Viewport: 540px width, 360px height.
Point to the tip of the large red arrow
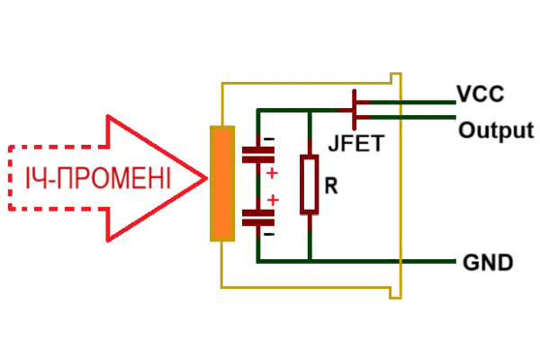[206, 178]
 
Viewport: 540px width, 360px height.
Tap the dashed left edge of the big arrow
[10, 178]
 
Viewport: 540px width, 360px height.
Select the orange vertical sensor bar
[222, 184]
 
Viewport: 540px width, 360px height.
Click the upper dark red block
[257, 155]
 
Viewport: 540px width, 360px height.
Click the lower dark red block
[257, 217]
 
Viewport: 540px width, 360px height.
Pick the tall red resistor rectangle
[309, 183]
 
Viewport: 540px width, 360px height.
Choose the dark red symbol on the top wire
[356, 110]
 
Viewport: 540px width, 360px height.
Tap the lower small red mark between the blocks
[273, 197]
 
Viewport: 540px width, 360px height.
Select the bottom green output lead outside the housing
[430, 261]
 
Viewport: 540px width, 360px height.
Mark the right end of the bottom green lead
[457, 261]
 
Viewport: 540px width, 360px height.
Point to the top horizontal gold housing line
[306, 82]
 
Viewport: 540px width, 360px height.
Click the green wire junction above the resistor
[309, 112]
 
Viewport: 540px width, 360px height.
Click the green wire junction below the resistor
[309, 261]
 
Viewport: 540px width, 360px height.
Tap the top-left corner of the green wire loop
[256, 112]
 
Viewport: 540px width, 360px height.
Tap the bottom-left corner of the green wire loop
[256, 261]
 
